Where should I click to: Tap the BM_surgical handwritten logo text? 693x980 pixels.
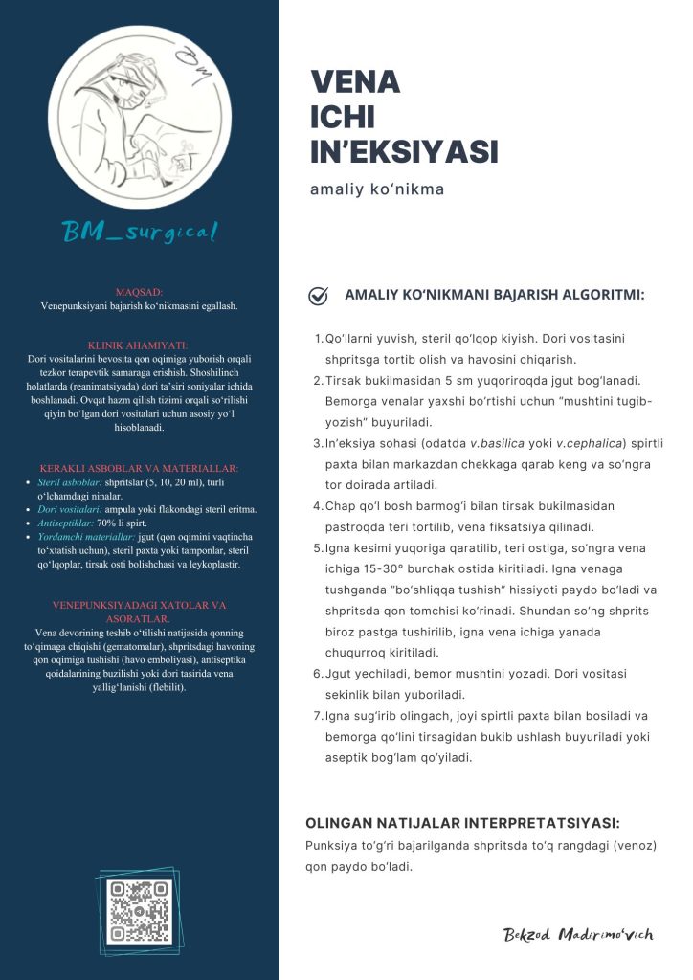(x=140, y=231)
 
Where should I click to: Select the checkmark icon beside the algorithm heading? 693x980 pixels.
(x=319, y=296)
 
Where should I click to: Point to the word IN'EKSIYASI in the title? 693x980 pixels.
(x=404, y=151)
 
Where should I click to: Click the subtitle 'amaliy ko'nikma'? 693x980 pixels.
(x=377, y=189)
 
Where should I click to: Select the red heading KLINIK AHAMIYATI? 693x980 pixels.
(x=139, y=345)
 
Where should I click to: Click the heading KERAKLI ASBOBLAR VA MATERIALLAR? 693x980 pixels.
(x=139, y=469)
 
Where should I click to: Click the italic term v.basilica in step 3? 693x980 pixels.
(x=501, y=442)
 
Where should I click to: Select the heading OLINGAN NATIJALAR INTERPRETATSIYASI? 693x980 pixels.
(x=462, y=823)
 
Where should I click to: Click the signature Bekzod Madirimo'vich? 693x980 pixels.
(x=578, y=935)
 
